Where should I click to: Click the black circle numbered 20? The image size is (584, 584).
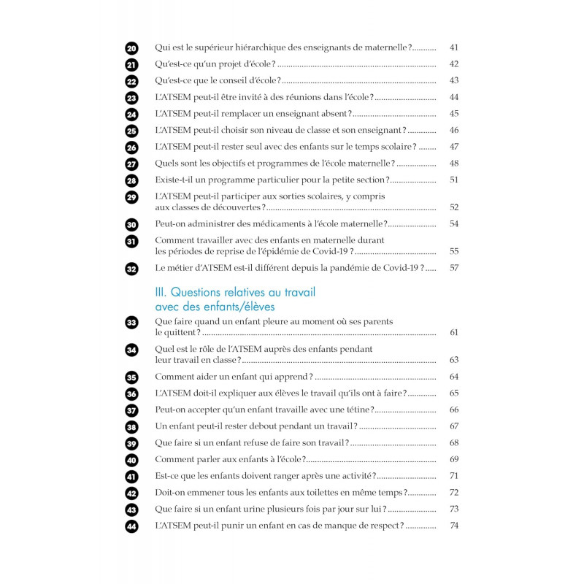131,48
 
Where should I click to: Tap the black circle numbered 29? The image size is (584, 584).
131,197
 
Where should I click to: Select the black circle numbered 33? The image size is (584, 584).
131,322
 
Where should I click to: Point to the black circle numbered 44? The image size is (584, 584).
131,526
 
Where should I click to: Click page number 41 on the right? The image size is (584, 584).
453,47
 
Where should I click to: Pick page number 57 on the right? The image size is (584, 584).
453,268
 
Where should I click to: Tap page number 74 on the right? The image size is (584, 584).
453,526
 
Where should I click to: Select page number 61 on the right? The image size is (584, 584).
453,332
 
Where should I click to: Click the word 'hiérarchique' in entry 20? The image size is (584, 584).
266,47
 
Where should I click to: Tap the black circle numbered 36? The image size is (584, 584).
131,393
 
